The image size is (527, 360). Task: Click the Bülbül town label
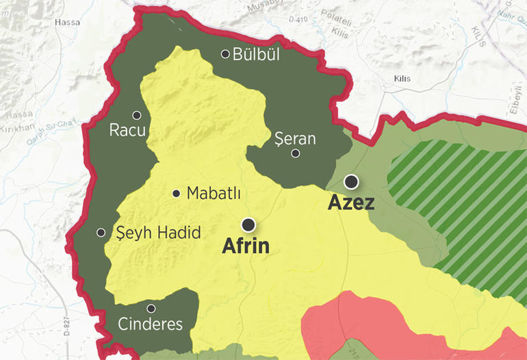point(257,54)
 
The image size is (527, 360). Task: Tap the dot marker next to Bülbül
point(225,53)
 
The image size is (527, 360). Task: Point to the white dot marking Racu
point(137,115)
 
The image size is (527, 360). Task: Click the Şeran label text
point(294,139)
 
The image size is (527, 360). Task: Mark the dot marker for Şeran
point(296,153)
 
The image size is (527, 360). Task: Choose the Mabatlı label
point(214,194)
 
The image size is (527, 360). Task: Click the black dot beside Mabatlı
point(177,194)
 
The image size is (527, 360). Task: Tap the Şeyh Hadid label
point(159,233)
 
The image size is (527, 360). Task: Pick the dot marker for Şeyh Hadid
point(101,233)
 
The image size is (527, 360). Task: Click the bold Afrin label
point(246,246)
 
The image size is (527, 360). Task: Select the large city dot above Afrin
point(248,224)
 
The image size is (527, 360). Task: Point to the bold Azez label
point(351,203)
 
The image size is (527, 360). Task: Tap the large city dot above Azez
point(351,181)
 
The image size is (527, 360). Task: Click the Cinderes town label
point(151,324)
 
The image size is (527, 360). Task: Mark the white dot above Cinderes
point(151,308)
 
